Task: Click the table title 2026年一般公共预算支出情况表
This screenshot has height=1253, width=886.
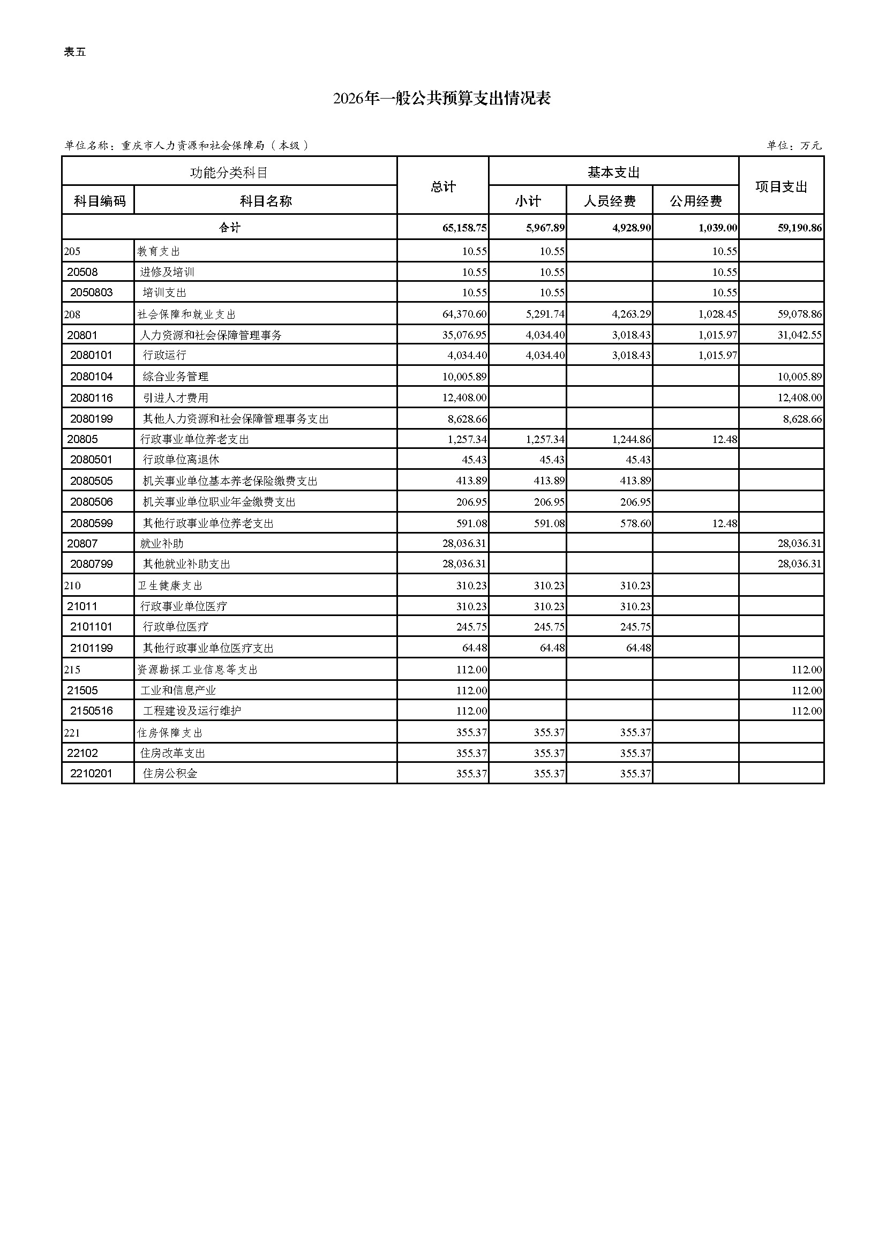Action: coord(442,99)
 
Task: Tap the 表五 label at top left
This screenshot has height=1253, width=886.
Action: coord(75,52)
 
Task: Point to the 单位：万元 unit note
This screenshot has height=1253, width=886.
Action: coord(794,146)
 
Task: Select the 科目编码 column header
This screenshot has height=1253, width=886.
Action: coord(99,201)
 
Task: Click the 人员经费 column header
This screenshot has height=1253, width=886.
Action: coord(610,201)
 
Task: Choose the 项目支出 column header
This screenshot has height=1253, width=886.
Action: coord(780,186)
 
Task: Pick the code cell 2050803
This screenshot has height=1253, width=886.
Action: coord(91,292)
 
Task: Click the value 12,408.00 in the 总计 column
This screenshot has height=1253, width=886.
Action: coord(464,398)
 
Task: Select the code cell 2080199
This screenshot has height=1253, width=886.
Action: coord(91,419)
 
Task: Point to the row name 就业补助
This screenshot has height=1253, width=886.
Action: coord(161,544)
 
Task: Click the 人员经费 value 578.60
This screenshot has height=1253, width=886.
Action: coord(636,523)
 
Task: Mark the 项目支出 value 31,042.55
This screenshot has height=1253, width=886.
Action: coord(799,335)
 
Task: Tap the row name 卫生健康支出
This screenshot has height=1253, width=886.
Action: coord(170,586)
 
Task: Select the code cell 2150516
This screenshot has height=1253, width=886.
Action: coord(91,710)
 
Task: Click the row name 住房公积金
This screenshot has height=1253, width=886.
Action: coord(170,774)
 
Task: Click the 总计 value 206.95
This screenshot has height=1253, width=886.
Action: coord(471,502)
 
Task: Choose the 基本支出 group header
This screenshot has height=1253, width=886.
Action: coord(613,172)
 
